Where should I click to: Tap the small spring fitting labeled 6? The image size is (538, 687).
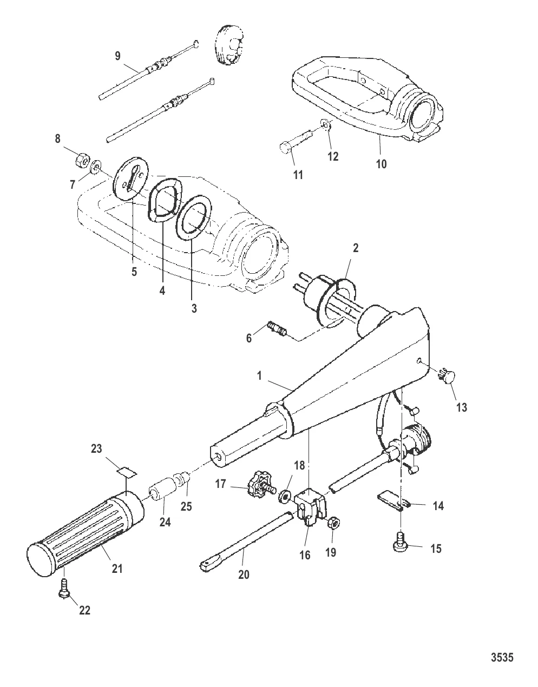coord(277,330)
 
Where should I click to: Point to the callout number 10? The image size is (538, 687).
coord(381,164)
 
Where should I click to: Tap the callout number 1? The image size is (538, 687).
coord(259,376)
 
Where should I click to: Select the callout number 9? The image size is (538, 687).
coord(117,56)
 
